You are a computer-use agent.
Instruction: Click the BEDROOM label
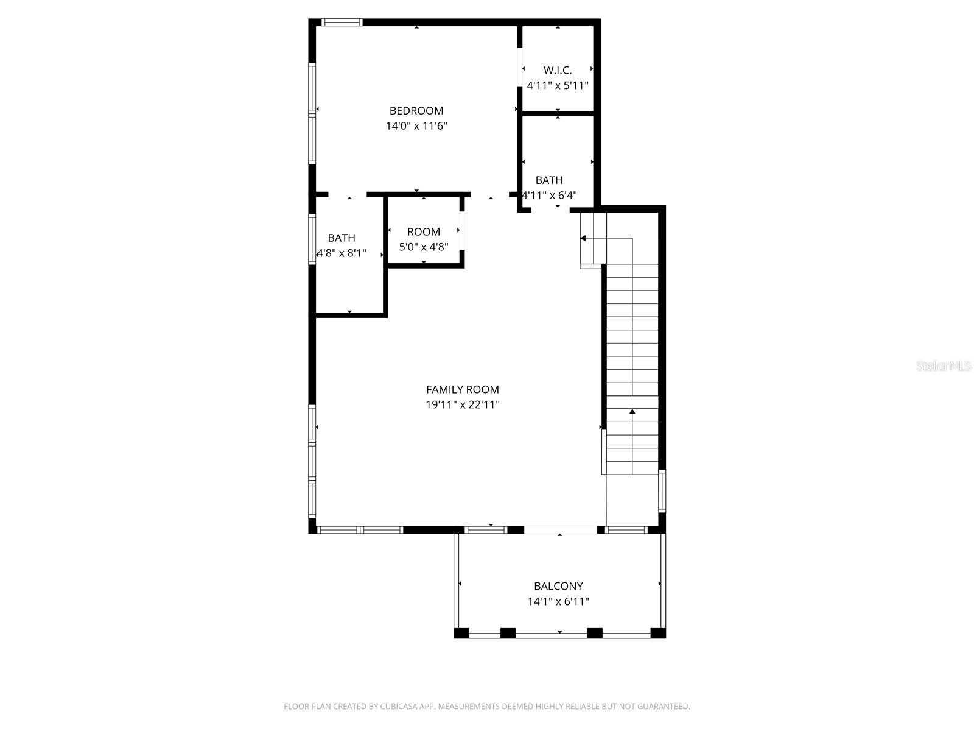[416, 111]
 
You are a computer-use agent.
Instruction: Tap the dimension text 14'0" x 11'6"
[416, 126]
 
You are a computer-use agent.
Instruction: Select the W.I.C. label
[558, 71]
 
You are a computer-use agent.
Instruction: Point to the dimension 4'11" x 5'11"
[558, 86]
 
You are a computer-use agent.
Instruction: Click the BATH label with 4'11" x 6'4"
[549, 180]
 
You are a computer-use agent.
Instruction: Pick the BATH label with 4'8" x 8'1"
[342, 238]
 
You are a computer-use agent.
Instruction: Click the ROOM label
[424, 232]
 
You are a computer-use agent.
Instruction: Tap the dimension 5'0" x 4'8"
[424, 247]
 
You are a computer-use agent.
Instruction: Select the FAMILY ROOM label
[463, 390]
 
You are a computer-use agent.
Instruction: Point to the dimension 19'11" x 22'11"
[463, 405]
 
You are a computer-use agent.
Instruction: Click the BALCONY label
[558, 587]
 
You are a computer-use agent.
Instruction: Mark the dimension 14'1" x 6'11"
[558, 602]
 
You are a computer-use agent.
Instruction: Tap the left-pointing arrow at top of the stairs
[583, 238]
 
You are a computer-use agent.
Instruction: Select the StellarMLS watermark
[944, 366]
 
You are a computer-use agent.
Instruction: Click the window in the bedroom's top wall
[342, 23]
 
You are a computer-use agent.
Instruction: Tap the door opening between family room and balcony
[561, 530]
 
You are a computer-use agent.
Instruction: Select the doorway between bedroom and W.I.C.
[520, 67]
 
